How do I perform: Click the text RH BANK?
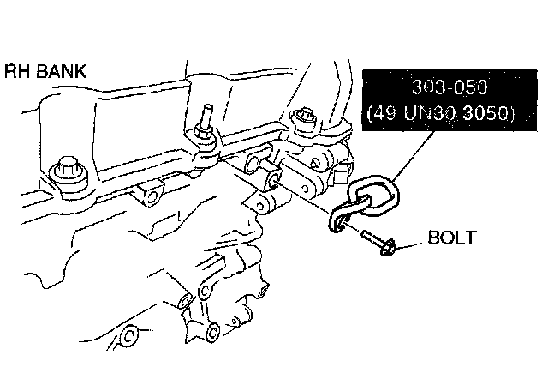click(x=45, y=71)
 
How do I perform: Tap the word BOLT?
click(x=453, y=238)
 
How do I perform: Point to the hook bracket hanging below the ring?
click(x=343, y=219)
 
